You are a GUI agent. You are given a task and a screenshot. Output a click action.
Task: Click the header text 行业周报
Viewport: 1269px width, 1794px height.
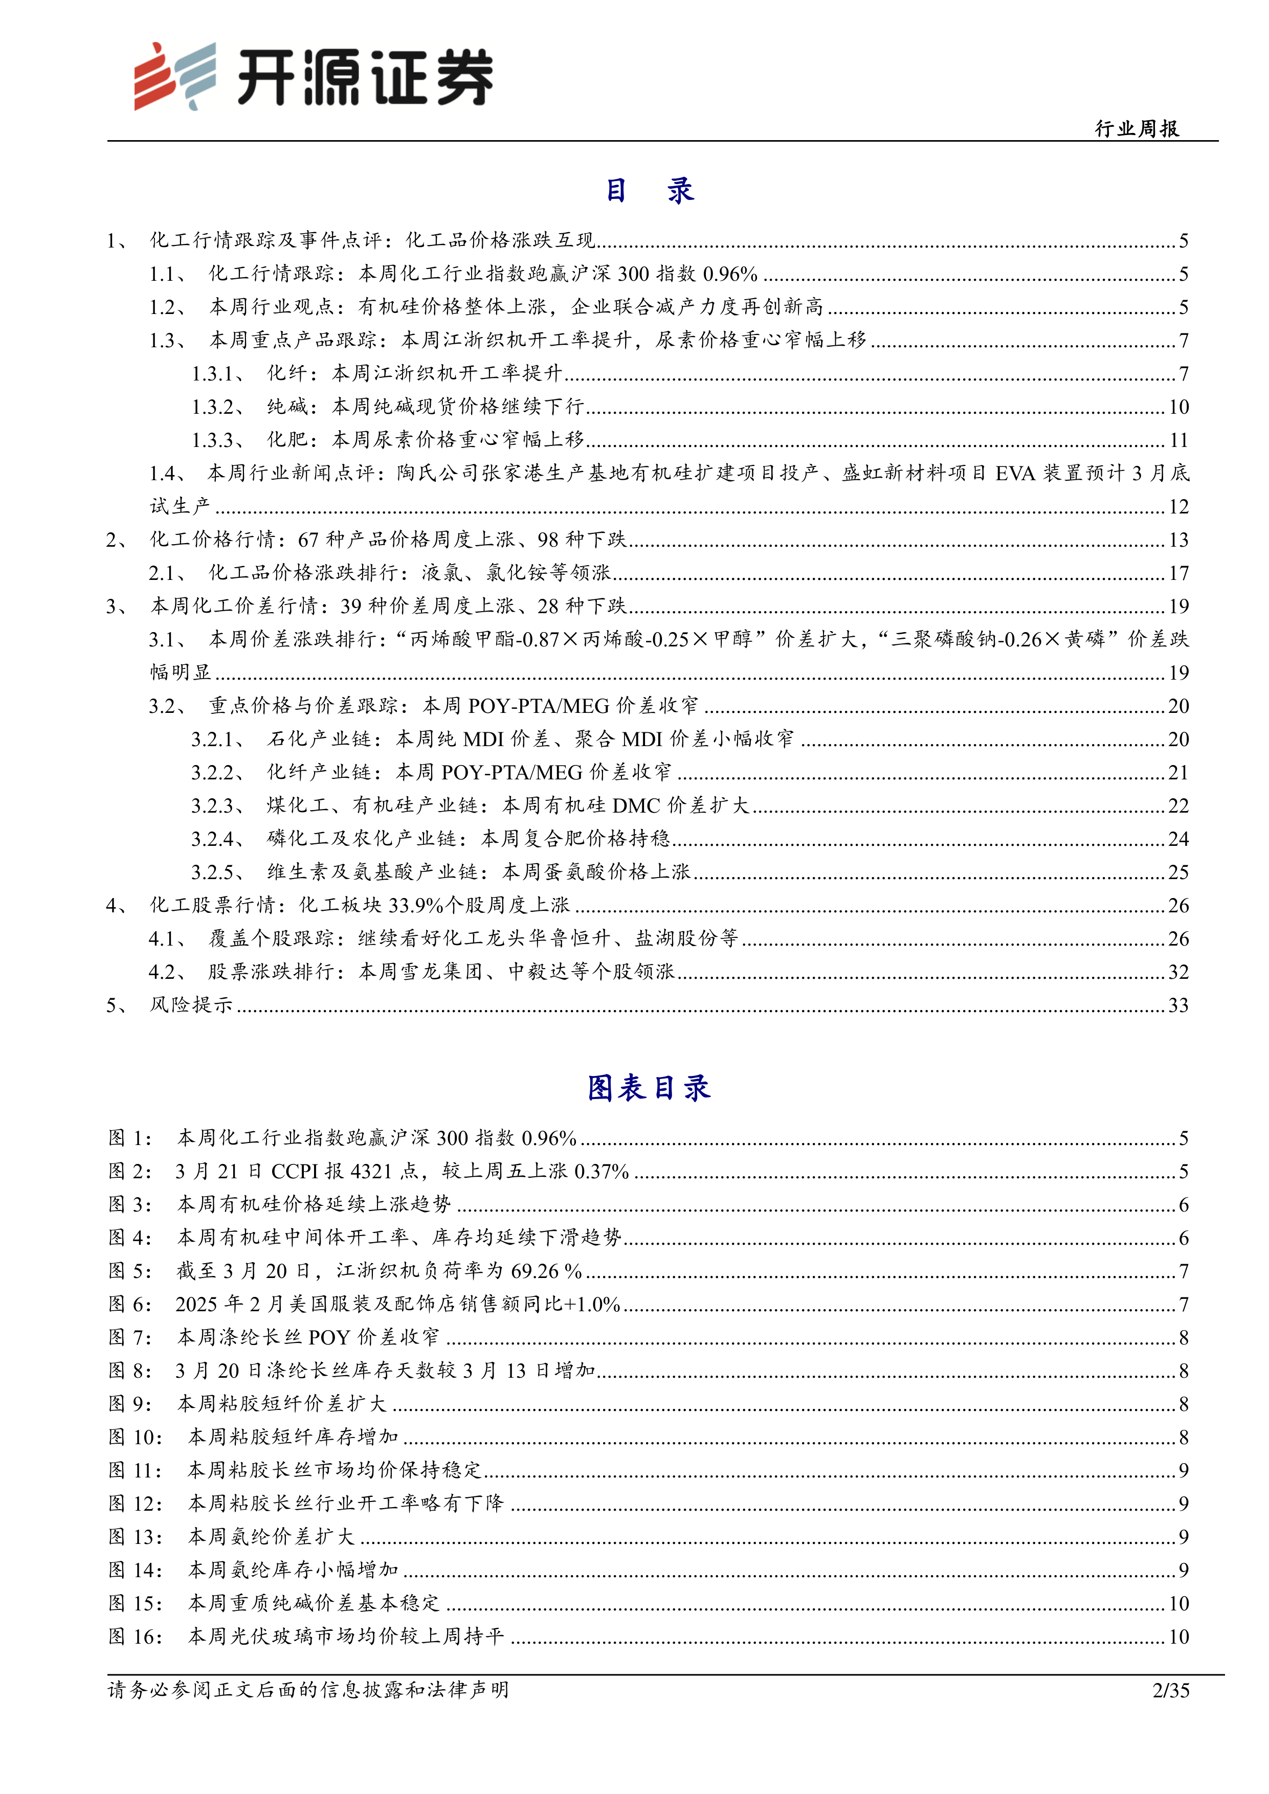[1137, 129]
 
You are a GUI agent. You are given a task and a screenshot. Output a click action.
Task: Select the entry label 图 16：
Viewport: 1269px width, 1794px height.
[135, 1636]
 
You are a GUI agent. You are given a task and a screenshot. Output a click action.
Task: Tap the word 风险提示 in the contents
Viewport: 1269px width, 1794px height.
[191, 1005]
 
